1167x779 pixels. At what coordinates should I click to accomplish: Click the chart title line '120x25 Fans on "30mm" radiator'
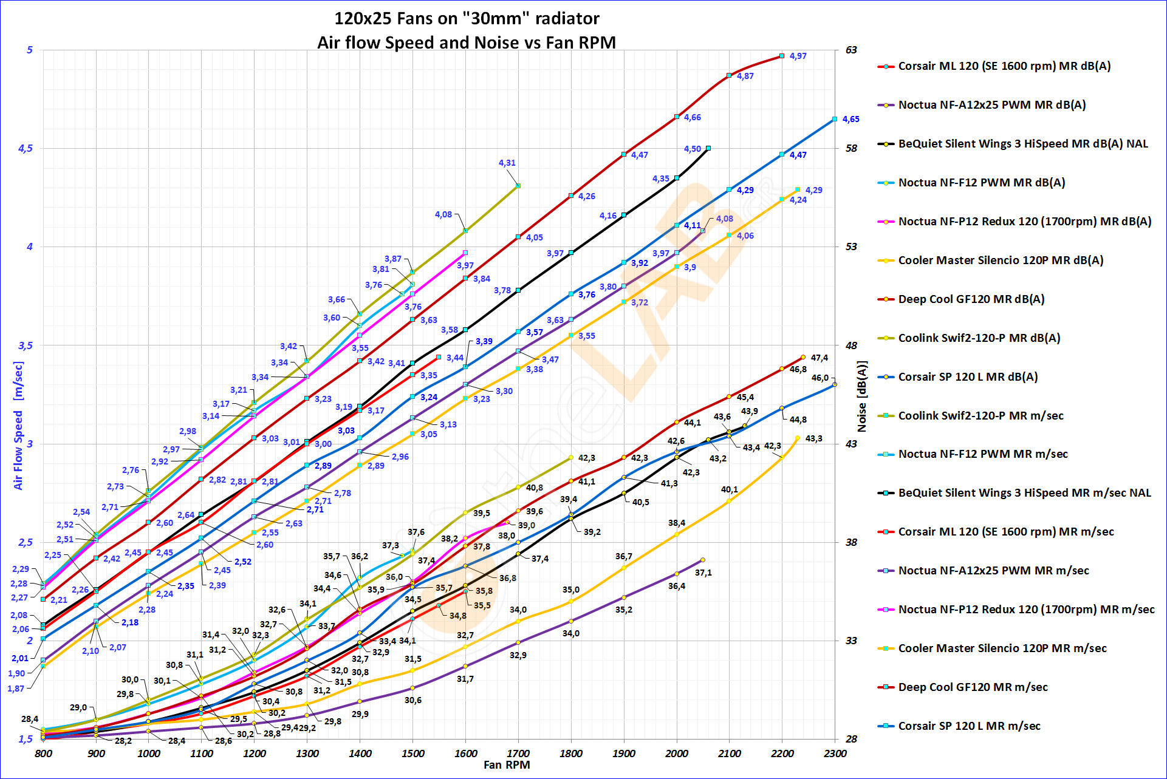[x=467, y=19]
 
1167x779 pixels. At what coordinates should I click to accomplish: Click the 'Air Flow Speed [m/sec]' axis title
[x=18, y=426]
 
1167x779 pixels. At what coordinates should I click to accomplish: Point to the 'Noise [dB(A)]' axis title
[x=861, y=396]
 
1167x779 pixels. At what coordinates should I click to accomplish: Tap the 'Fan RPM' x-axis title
[x=507, y=765]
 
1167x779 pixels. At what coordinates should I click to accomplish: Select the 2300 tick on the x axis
[x=835, y=753]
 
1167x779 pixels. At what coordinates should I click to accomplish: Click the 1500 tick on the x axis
[x=412, y=753]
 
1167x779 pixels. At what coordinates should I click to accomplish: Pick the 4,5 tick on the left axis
[x=26, y=149]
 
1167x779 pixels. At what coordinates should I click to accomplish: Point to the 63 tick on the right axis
[x=851, y=50]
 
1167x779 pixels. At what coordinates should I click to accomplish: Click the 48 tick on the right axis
[x=851, y=345]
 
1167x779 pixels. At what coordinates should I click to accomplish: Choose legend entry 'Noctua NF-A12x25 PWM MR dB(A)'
[x=991, y=105]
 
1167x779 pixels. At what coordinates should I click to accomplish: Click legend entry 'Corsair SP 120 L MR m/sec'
[x=969, y=726]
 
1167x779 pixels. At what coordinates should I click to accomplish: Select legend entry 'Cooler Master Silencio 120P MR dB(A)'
[x=1001, y=260]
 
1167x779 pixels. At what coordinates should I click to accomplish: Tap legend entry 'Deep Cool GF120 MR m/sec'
[x=973, y=687]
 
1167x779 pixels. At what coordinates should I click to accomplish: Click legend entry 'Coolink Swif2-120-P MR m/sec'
[x=980, y=416]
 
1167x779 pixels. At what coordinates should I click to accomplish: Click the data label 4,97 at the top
[x=798, y=56]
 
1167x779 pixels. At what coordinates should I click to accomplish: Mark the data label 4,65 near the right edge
[x=850, y=119]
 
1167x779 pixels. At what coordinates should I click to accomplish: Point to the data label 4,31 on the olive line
[x=507, y=163]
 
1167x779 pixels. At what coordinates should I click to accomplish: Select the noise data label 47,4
[x=819, y=358]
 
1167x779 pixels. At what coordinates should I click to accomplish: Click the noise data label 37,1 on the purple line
[x=703, y=573]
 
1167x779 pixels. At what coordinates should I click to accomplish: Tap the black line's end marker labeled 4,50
[x=708, y=148]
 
